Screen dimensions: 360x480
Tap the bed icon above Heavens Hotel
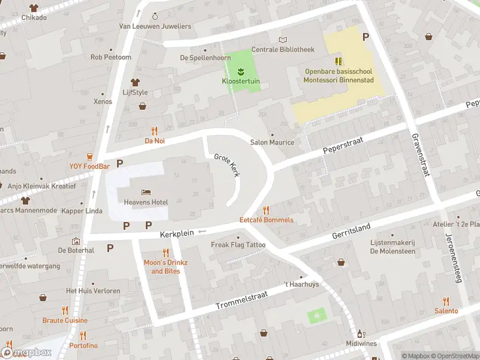(x=146, y=192)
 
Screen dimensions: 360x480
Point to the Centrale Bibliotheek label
(x=283, y=49)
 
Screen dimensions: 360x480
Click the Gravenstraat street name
(x=421, y=154)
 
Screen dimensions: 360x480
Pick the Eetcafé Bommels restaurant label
(x=266, y=220)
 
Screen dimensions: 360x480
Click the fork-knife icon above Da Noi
(x=154, y=131)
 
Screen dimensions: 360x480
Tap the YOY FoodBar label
(x=89, y=166)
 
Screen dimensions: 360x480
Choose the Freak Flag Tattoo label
(x=238, y=245)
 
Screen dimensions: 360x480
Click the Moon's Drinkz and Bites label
(x=166, y=267)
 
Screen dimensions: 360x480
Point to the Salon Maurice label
(x=272, y=142)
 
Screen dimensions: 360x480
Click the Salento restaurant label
(x=446, y=311)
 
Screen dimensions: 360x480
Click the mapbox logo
(x=27, y=353)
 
